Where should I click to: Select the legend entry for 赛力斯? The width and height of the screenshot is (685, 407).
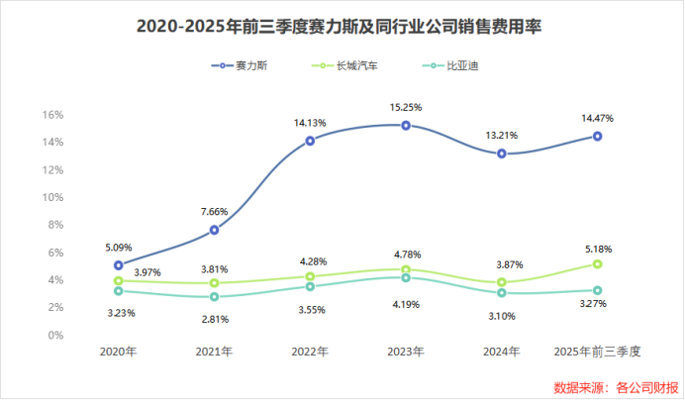pyautogui.click(x=245, y=65)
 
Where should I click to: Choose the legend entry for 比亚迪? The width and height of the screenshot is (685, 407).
pyautogui.click(x=441, y=65)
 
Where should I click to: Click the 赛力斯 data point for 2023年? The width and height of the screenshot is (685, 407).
pyautogui.click(x=406, y=126)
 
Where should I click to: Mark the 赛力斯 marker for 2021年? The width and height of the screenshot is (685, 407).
pyautogui.click(x=215, y=230)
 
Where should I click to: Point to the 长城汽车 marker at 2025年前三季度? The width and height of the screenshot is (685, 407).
pyautogui.click(x=598, y=264)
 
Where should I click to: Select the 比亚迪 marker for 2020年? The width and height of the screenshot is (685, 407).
pyautogui.click(x=119, y=291)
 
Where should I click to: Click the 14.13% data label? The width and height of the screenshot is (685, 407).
pyautogui.click(x=310, y=123)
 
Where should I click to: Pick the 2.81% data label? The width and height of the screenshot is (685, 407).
pyautogui.click(x=215, y=319)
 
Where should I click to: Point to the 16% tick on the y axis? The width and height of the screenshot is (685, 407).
pyautogui.click(x=52, y=115)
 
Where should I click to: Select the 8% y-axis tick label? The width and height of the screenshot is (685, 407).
pyautogui.click(x=55, y=225)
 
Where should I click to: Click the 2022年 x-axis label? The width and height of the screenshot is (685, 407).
pyautogui.click(x=310, y=352)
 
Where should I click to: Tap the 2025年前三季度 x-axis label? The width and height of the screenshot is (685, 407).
pyautogui.click(x=598, y=352)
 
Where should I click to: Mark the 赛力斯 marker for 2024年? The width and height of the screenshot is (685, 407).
pyautogui.click(x=502, y=153)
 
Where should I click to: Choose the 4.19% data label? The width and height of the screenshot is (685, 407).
pyautogui.click(x=406, y=303)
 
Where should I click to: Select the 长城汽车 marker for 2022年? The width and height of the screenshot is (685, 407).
pyautogui.click(x=310, y=277)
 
